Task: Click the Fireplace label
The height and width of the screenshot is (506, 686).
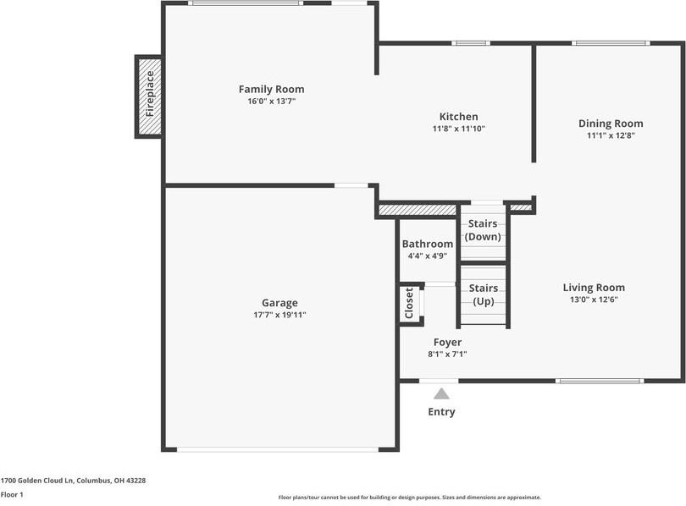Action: [150, 94]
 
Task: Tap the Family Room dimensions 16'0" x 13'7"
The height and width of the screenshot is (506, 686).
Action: [272, 102]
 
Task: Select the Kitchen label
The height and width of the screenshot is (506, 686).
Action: [458, 117]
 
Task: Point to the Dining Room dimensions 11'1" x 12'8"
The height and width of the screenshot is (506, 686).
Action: [611, 135]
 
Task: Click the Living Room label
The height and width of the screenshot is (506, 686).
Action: [594, 288]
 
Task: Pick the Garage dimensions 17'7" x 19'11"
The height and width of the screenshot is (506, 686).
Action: [279, 315]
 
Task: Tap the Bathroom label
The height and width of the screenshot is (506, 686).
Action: [428, 244]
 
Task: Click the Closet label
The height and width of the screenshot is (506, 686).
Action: [409, 303]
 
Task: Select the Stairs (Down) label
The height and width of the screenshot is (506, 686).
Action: [483, 230]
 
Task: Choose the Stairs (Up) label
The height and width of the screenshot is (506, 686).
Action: [484, 294]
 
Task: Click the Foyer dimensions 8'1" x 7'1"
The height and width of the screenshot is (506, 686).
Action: [447, 355]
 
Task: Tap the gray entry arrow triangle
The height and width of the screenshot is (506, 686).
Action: [441, 393]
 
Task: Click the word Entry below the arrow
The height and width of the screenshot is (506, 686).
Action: [441, 411]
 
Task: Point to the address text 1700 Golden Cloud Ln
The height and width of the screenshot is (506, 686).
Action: [37, 481]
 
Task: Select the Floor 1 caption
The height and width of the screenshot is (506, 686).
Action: [12, 495]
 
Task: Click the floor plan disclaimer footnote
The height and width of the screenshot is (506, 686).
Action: [410, 498]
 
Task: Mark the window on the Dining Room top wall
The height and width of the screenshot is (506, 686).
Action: [611, 43]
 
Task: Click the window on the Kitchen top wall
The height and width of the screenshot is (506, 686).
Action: [471, 43]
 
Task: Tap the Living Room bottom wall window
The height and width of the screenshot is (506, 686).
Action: [600, 381]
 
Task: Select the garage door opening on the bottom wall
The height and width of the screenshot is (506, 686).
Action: [278, 449]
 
